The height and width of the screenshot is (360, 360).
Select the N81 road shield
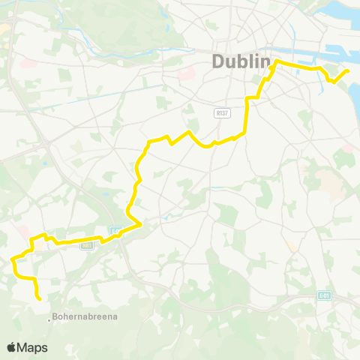pos(87,244)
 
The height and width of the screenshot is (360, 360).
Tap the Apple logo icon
pos(12,347)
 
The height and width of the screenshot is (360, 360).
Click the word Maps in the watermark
pos(33,347)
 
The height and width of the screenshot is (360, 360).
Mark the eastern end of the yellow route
pos(347,71)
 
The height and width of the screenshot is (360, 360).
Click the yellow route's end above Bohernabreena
pos(38,298)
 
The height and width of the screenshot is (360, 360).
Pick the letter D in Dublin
pos(219,61)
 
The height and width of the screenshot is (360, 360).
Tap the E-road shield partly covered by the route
pos(115,232)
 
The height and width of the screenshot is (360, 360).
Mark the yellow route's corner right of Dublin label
pos(276,61)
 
